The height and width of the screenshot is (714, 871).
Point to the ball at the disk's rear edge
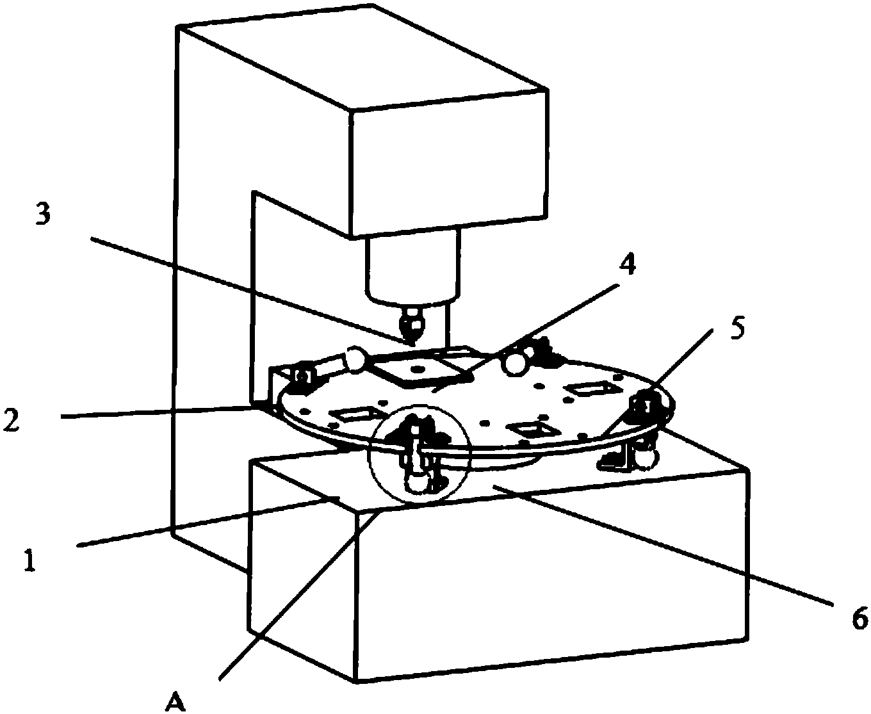tap(516, 363)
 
